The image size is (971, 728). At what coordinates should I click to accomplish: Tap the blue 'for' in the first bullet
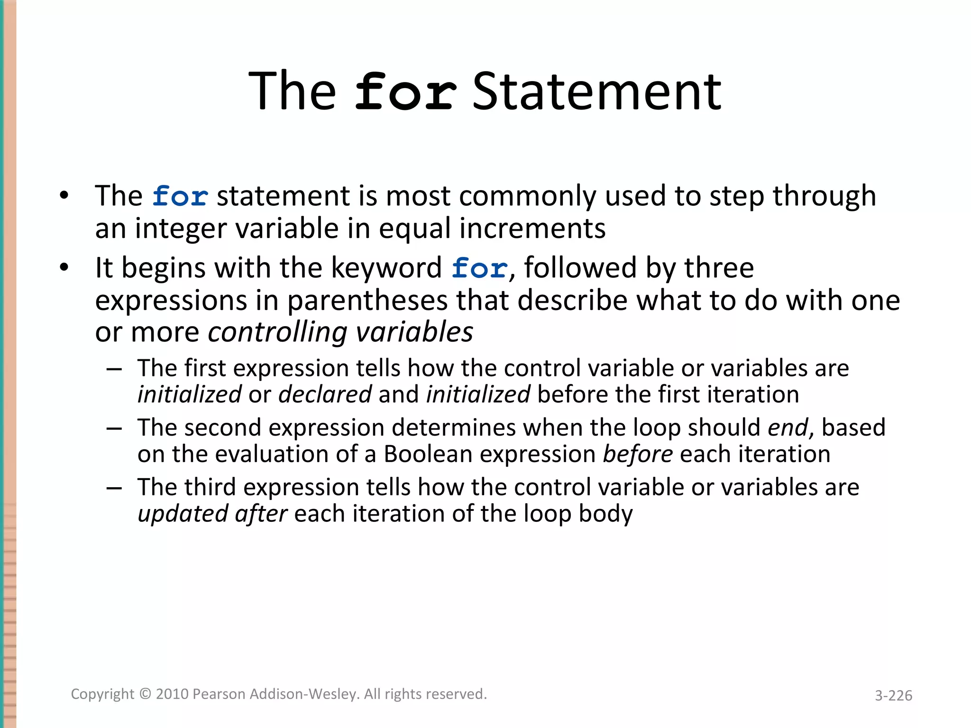(180, 196)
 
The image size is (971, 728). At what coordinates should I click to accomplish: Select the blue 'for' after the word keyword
(479, 268)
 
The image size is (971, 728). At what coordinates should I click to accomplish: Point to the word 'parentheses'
(367, 300)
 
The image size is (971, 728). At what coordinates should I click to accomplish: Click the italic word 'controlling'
(277, 332)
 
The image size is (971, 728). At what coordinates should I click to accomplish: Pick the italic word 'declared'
(325, 394)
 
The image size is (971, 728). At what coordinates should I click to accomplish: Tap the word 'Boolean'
(428, 454)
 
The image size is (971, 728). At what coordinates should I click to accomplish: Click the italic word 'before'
(638, 454)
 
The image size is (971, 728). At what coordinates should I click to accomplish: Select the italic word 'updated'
(182, 514)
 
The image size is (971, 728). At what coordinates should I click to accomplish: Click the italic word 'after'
(261, 514)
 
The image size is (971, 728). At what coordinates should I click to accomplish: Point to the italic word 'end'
(788, 428)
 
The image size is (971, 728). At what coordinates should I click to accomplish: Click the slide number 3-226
(893, 695)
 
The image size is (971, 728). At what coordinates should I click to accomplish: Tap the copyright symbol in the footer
(145, 694)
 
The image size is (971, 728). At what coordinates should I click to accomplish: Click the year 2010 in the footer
(173, 694)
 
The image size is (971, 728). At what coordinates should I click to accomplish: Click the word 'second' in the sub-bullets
(223, 428)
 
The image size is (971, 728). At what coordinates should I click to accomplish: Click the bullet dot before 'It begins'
(64, 268)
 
